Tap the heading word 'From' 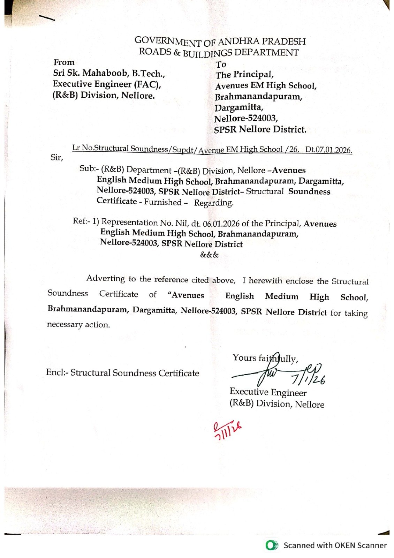coord(64,62)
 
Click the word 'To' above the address coord(221,65)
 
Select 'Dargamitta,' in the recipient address coord(239,107)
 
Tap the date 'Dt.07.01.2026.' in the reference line coord(328,150)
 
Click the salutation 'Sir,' coord(57,157)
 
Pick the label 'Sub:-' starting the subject coord(89,168)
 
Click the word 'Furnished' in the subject coord(163,202)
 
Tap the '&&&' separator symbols coord(209,255)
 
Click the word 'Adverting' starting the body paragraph coord(106,278)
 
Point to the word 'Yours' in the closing coord(244,358)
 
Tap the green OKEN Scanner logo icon coord(272,545)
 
